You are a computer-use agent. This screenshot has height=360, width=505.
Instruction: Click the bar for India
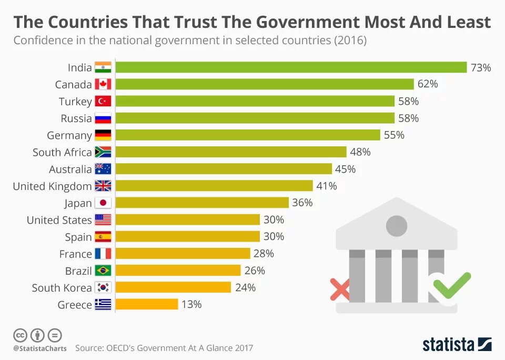(x=291, y=67)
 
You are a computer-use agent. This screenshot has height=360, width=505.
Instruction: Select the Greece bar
(x=147, y=304)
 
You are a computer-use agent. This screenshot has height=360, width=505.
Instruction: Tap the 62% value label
(x=428, y=84)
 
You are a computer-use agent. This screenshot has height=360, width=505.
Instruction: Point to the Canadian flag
(x=103, y=84)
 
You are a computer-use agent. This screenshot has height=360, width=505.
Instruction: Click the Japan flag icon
(x=103, y=203)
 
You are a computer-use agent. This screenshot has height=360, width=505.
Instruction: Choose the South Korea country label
(x=62, y=287)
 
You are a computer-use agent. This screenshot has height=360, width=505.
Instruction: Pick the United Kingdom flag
(x=103, y=186)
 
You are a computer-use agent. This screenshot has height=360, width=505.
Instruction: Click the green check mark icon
(x=451, y=285)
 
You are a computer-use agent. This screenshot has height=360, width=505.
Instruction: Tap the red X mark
(x=340, y=289)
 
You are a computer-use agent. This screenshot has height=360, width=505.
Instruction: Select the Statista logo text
(x=448, y=345)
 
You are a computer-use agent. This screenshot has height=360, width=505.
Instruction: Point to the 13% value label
(x=192, y=304)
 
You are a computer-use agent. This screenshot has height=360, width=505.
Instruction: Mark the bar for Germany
(x=248, y=135)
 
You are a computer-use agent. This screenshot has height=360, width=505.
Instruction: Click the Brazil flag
(x=103, y=271)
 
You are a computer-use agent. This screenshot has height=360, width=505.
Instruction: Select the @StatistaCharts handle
(x=40, y=348)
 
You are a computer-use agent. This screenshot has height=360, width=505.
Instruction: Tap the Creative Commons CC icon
(x=21, y=335)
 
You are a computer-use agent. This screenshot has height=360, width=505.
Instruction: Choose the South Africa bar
(x=231, y=152)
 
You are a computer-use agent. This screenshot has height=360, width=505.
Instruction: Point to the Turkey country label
(x=75, y=102)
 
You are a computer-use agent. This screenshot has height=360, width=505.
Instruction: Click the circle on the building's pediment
(x=397, y=226)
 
